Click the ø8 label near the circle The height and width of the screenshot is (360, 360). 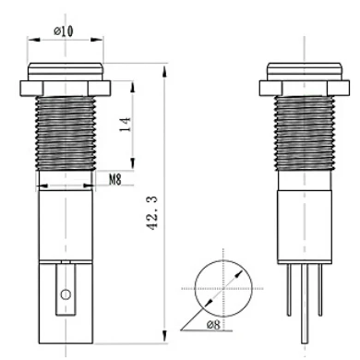click(212, 325)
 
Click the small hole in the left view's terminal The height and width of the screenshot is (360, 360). click(65, 294)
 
